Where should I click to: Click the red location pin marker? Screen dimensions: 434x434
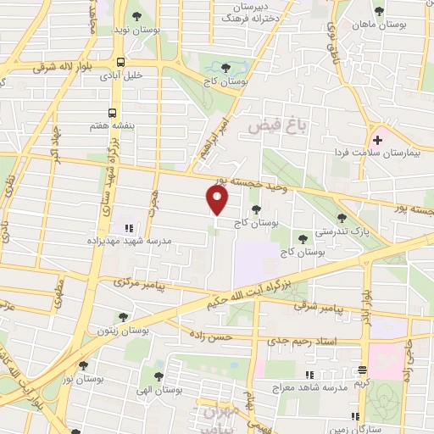[218, 200]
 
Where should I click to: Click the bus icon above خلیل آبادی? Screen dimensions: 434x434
[122, 62]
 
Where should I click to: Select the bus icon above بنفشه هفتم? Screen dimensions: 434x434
[113, 112]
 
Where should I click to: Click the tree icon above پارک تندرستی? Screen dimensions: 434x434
[342, 218]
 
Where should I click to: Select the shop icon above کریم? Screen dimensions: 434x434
[362, 370]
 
